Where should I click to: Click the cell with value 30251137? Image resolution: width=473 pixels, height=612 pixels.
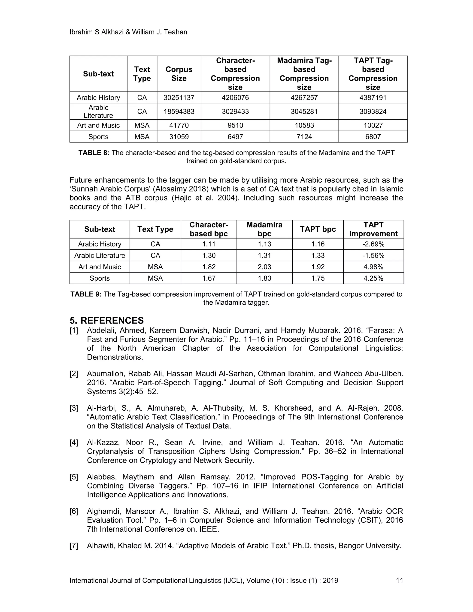pyautogui.click(x=179, y=97)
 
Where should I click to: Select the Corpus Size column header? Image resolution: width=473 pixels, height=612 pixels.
pyautogui.click(x=179, y=74)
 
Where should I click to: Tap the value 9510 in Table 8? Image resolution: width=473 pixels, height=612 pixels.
pyautogui.click(x=235, y=125)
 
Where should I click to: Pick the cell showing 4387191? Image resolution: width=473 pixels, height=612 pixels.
pyautogui.click(x=373, y=97)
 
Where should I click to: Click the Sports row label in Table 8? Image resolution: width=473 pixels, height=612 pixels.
pyautogui.click(x=98, y=137)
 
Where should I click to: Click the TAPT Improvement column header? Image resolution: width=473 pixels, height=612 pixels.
pyautogui.click(x=373, y=229)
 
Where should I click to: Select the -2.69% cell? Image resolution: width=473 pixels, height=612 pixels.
pyautogui.click(x=373, y=244)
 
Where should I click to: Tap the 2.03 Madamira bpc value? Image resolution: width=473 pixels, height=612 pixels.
pyautogui.click(x=264, y=267)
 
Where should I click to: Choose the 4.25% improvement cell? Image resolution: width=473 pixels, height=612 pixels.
pyautogui.click(x=373, y=278)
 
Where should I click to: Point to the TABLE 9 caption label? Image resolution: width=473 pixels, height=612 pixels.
pyautogui.click(x=86, y=294)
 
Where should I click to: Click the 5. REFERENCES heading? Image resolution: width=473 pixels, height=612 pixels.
pyautogui.click(x=106, y=321)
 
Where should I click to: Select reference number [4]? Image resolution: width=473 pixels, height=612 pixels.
pyautogui.click(x=74, y=442)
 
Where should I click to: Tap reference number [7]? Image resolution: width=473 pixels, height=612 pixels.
pyautogui.click(x=74, y=545)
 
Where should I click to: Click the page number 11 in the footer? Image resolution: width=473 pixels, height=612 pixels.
pyautogui.click(x=399, y=580)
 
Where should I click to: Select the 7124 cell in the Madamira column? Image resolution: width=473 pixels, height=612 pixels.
pyautogui.click(x=304, y=137)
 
